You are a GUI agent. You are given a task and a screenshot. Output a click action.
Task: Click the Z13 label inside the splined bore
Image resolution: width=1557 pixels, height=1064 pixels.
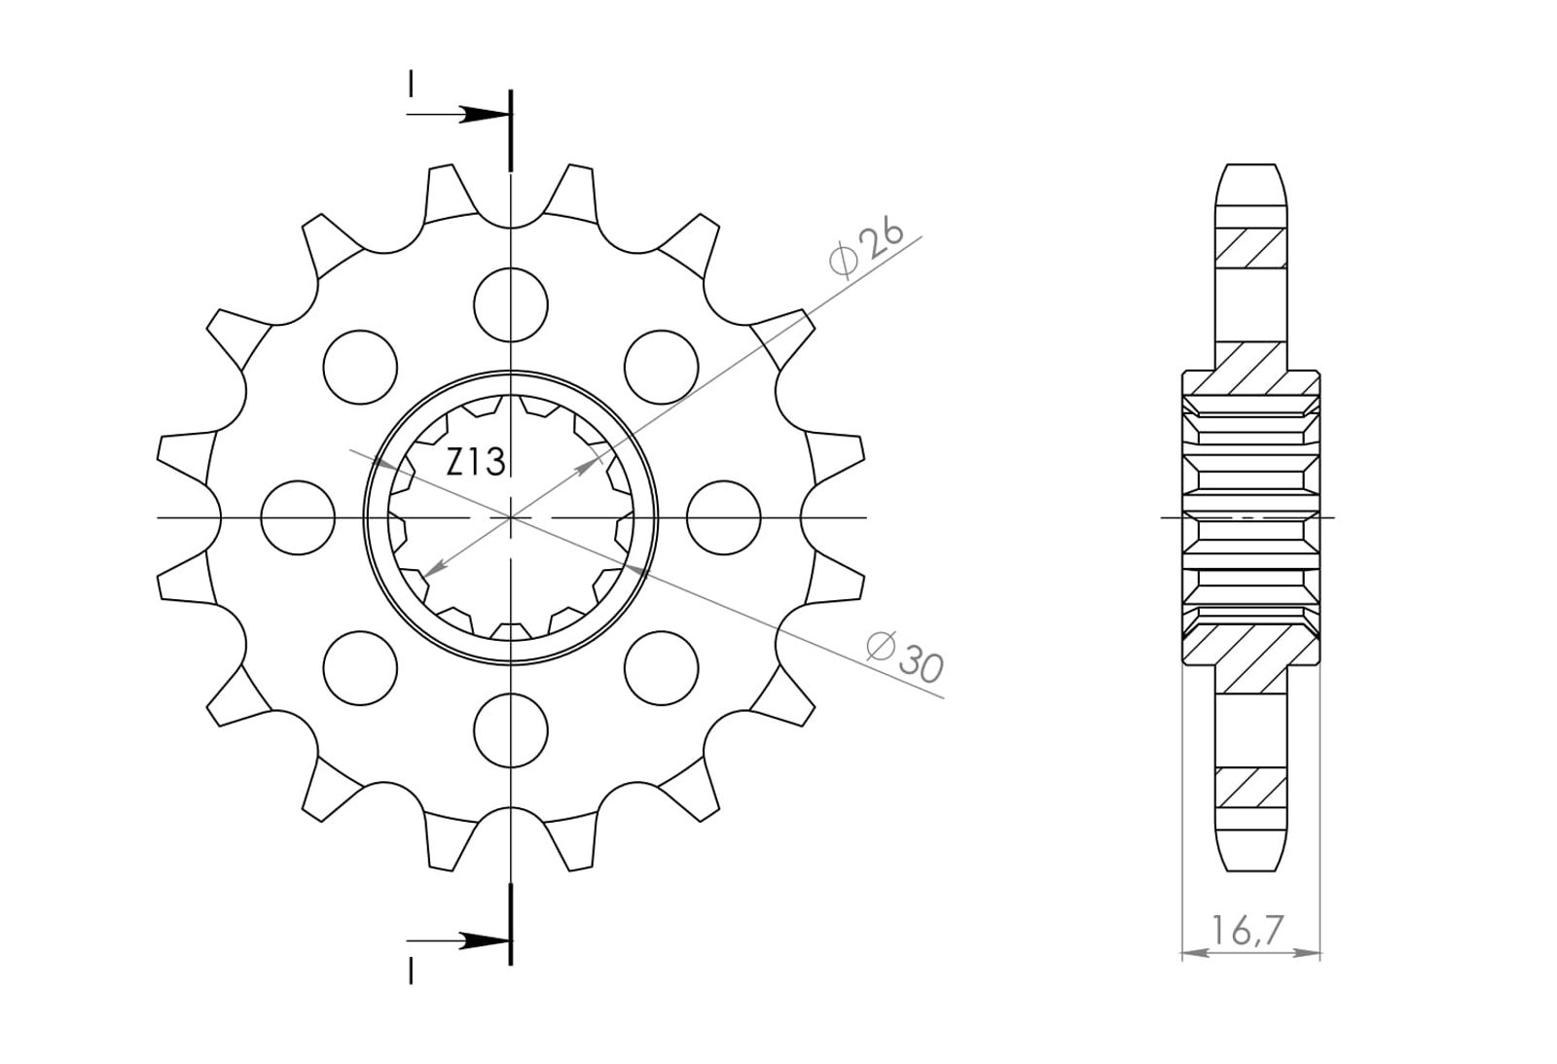coord(476,462)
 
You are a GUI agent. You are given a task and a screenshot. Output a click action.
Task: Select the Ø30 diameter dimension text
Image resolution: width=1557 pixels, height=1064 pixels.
coord(906,656)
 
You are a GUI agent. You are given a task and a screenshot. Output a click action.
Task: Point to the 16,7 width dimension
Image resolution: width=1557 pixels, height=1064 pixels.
coord(1247,931)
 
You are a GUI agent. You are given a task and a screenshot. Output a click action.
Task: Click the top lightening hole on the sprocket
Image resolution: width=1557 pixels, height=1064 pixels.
coord(511,304)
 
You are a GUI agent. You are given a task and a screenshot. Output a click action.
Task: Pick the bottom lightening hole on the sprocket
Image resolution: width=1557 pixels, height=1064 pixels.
coord(511,730)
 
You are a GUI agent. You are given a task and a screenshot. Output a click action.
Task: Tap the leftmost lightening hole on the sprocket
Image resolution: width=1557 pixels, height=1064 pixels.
coord(298,517)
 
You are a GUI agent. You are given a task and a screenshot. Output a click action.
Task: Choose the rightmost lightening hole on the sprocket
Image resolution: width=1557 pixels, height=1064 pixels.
coord(724,517)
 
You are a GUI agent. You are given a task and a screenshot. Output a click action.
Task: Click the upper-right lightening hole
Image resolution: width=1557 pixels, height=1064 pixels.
coord(661,367)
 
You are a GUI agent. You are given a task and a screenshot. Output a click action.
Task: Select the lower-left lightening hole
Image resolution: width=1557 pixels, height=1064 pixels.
coord(360,668)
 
